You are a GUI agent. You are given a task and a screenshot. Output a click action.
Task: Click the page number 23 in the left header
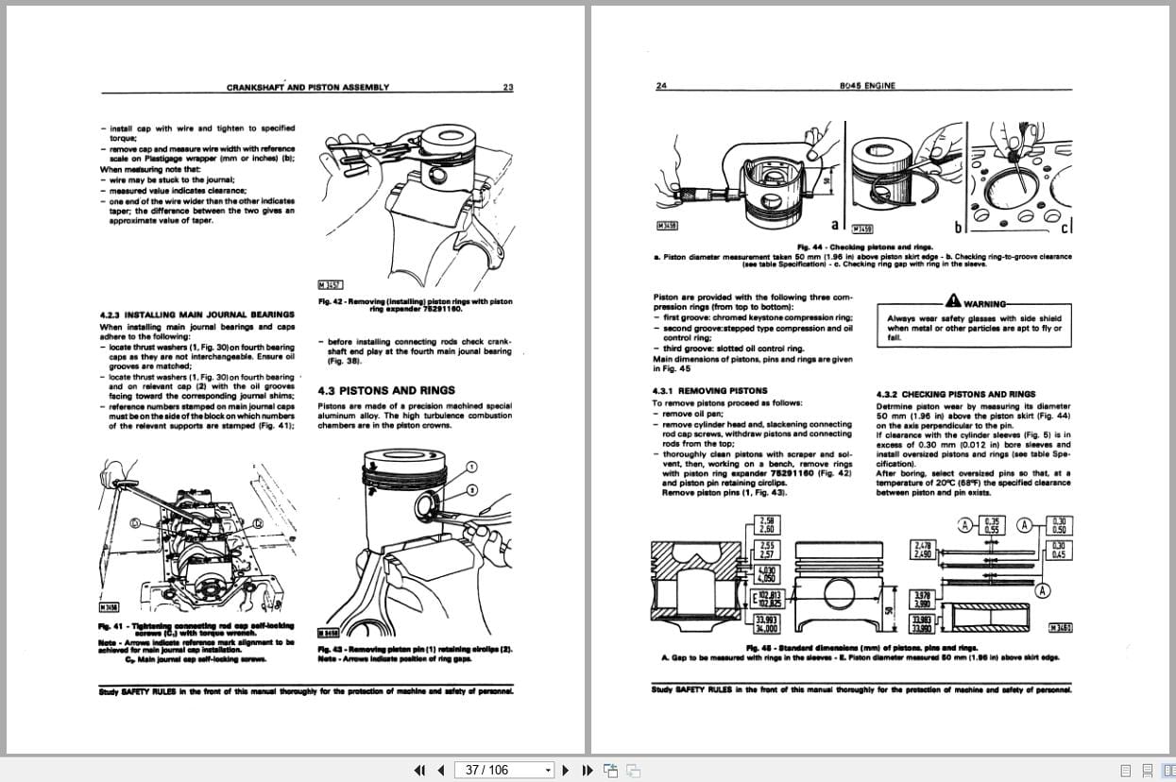507,87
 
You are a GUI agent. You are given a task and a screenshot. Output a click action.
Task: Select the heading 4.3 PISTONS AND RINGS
386,390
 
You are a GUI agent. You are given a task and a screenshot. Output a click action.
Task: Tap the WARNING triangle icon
953,301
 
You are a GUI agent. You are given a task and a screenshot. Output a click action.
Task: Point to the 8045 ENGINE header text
867,86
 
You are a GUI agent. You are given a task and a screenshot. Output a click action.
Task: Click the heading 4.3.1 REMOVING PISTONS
709,390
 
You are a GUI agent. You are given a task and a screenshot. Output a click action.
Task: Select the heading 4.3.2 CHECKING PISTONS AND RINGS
955,394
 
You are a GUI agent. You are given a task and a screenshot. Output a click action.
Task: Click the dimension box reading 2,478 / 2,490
922,550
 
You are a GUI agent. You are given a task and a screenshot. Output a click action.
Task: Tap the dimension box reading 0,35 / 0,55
991,525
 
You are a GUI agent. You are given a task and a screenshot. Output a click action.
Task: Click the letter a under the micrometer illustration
834,225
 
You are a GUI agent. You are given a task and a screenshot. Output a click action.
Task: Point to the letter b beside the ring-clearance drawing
959,226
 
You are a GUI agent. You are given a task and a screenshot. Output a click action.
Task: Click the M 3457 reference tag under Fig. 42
331,284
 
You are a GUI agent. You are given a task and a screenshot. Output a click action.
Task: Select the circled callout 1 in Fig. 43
472,467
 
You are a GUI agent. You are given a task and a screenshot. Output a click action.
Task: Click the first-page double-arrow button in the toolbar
420,770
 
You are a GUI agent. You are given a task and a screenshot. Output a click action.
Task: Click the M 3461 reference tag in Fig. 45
1060,628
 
